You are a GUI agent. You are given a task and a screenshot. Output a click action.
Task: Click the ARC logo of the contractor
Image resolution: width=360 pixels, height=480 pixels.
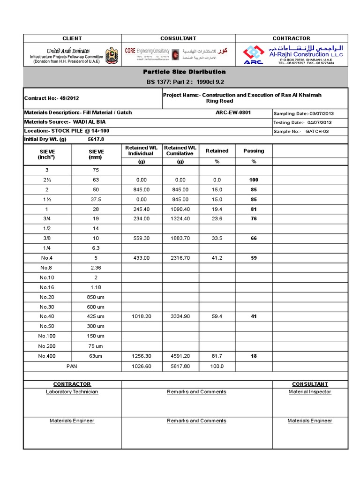tap(253, 55)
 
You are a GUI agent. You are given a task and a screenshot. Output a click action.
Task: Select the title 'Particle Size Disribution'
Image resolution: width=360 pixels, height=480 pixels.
tap(184, 72)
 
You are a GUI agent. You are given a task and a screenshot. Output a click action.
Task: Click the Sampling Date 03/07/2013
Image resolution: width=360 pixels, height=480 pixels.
tap(303, 113)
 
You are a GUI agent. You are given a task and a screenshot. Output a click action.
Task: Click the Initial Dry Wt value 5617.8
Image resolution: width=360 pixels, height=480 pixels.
tap(96, 139)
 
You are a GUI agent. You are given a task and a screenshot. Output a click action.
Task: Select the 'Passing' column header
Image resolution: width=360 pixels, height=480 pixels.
tap(254, 151)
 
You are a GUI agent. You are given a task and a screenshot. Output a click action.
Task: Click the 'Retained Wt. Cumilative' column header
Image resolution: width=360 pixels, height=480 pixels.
tap(180, 150)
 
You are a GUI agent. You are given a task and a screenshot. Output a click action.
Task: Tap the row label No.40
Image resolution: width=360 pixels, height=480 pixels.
tap(47, 316)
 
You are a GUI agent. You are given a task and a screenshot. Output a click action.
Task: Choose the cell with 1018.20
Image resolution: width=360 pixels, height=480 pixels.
tap(141, 316)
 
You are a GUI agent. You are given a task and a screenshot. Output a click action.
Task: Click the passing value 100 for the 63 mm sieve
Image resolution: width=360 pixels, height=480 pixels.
tap(254, 180)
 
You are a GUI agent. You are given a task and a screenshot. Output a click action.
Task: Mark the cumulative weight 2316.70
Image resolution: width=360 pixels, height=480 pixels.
tap(180, 258)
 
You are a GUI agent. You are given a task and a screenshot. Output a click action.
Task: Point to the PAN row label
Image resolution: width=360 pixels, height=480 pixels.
tap(72, 366)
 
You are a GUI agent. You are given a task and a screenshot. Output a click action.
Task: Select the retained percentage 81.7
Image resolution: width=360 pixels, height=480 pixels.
tap(217, 356)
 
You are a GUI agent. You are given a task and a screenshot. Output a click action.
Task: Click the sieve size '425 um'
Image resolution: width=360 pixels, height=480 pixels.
tap(96, 316)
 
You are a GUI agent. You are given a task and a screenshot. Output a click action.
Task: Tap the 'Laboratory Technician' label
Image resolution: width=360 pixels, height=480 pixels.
tap(72, 392)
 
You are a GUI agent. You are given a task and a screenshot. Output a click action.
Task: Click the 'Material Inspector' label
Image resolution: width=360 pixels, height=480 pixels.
tap(310, 392)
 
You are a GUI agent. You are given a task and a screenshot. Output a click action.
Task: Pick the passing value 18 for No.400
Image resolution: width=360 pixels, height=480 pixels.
tap(254, 356)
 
